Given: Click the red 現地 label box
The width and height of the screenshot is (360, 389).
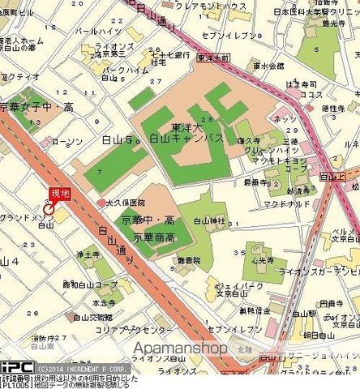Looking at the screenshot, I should coord(60,192).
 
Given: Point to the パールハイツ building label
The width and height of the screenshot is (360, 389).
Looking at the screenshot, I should coord(92,32).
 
